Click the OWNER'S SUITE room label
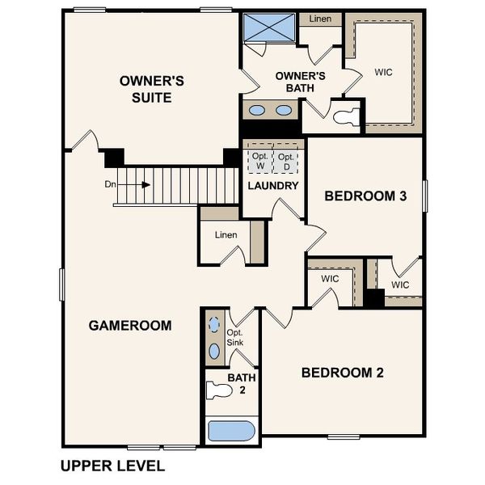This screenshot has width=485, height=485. click(x=152, y=89)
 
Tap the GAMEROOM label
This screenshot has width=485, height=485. click(x=129, y=326)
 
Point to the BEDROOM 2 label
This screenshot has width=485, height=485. click(x=342, y=373)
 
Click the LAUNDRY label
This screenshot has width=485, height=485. click(x=273, y=186)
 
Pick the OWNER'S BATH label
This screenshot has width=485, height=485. click(x=300, y=82)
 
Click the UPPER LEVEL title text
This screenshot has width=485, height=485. click(x=112, y=466)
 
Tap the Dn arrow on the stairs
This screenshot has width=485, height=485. click(x=145, y=184)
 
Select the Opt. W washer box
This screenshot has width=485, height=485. click(x=259, y=161)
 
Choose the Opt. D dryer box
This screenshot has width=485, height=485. click(x=285, y=161)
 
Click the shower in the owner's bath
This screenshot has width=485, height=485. click(x=270, y=27)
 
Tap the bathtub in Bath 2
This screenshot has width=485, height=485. click(x=232, y=430)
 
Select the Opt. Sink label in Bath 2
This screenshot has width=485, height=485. click(x=235, y=338)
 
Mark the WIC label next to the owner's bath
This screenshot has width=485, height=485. click(x=383, y=71)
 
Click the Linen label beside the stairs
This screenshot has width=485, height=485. click(x=226, y=234)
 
